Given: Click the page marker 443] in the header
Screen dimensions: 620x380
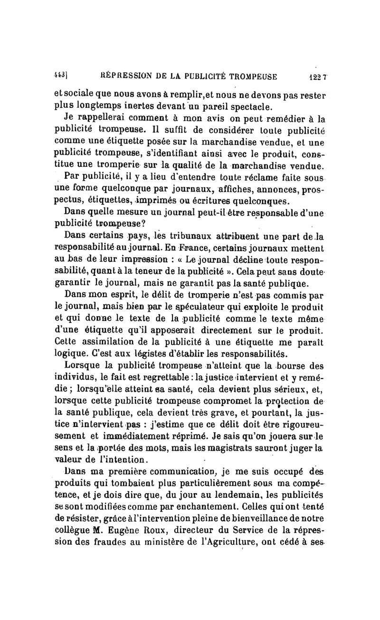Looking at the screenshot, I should [59, 76].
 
